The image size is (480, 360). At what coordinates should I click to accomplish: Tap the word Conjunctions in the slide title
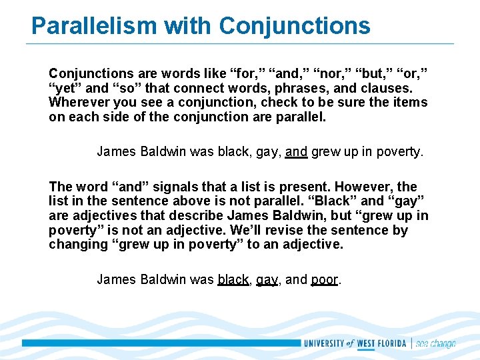(x=294, y=26)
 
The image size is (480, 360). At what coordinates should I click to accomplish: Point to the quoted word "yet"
(x=64, y=88)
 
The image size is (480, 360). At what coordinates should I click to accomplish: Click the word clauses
(x=387, y=88)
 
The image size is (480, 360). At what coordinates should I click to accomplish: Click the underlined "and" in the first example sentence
(x=296, y=151)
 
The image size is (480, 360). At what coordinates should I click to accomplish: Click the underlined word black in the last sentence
(x=233, y=279)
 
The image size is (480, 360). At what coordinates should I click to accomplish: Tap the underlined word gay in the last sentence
(x=267, y=279)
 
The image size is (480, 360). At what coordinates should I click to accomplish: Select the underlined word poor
(x=325, y=279)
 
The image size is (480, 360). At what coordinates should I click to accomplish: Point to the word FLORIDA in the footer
(x=391, y=344)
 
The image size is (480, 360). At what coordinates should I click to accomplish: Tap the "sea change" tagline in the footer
(x=436, y=344)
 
